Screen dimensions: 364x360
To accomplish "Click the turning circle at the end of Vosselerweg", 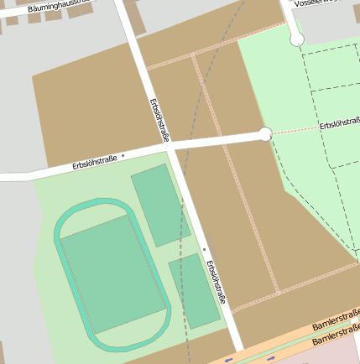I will click(296, 39).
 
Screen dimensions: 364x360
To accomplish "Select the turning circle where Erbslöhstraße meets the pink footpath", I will click(265, 133).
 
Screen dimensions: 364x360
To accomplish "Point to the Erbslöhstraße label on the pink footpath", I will click(340, 126).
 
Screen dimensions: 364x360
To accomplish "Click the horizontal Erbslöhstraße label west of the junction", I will click(95, 162).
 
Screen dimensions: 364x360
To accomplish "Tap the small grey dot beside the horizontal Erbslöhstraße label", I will click(123, 156).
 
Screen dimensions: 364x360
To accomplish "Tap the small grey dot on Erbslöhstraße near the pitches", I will click(204, 249).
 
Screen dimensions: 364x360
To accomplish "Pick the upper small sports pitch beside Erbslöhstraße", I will click(159, 204).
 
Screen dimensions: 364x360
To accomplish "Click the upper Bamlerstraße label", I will click(335, 322).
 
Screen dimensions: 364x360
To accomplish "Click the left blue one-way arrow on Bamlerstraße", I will click(227, 361).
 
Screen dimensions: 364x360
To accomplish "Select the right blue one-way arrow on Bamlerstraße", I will click(270, 358).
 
